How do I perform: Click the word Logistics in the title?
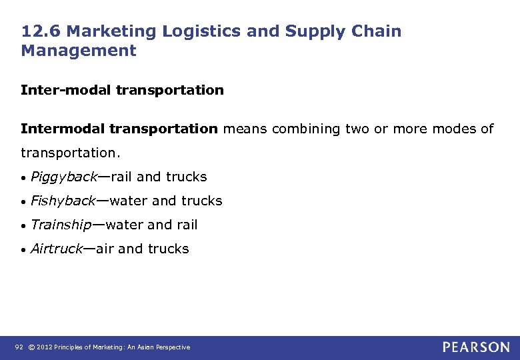click(x=197, y=31)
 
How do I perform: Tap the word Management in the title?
click(x=79, y=51)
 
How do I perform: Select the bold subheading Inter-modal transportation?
click(x=122, y=89)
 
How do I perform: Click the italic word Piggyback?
click(x=64, y=177)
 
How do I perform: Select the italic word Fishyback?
click(x=63, y=201)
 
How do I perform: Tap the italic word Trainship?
click(x=61, y=225)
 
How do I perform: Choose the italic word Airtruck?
click(x=57, y=249)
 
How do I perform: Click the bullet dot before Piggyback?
click(x=23, y=178)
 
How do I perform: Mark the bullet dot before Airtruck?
click(x=23, y=249)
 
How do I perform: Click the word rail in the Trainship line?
click(x=186, y=225)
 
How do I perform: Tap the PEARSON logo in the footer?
click(x=475, y=347)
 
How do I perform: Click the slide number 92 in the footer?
click(x=18, y=347)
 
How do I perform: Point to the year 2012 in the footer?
click(x=45, y=347)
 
